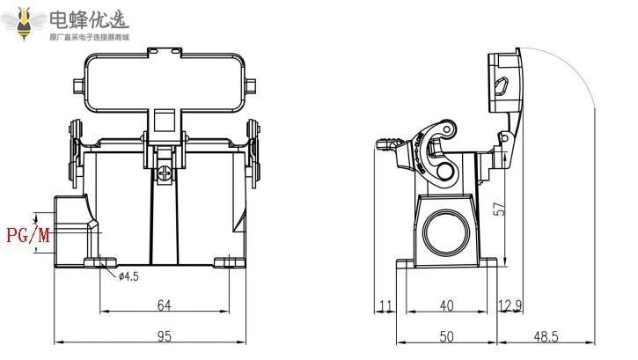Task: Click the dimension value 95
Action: [x=164, y=335]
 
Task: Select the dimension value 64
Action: [x=164, y=305]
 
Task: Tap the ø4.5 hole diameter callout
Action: [x=128, y=276]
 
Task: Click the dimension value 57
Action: [x=499, y=209]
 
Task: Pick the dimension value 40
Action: [x=447, y=305]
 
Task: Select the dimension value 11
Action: [x=385, y=305]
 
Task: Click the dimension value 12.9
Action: [x=510, y=305]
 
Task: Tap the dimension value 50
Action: [x=447, y=335]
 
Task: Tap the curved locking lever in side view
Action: [x=436, y=146]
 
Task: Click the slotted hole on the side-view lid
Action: [x=503, y=86]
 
